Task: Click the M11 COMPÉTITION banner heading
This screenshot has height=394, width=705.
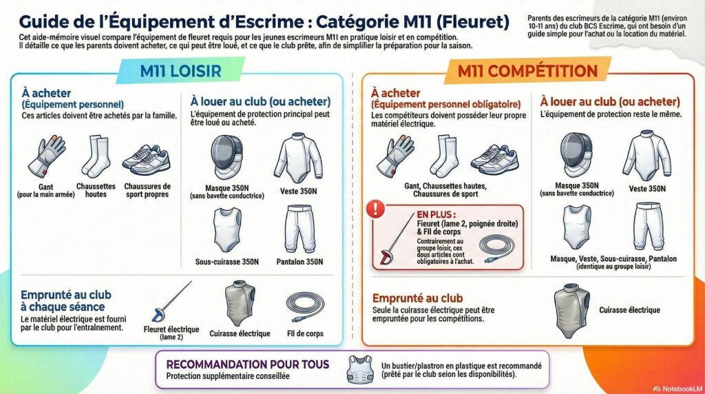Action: point(527,71)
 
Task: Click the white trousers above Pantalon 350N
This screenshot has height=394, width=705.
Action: point(301,229)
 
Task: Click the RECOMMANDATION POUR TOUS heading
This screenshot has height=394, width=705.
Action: point(248,364)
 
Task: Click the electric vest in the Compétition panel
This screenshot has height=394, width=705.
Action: point(571,306)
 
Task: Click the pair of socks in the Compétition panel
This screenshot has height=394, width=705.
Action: point(443,156)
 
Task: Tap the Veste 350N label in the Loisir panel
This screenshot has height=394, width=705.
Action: point(299,190)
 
